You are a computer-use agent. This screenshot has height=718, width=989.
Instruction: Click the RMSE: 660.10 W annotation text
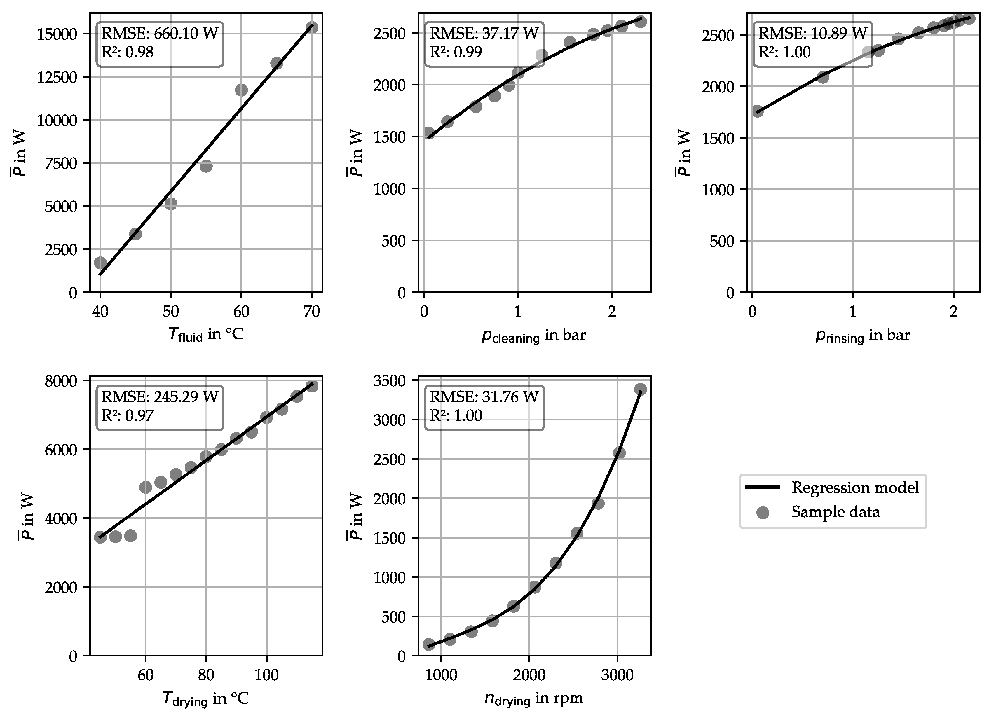pos(160,33)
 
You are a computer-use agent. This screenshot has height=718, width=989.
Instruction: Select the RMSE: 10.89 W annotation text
pos(813,33)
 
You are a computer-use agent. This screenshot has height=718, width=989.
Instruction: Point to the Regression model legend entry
pos(855,488)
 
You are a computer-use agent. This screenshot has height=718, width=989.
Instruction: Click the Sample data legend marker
pos(763,512)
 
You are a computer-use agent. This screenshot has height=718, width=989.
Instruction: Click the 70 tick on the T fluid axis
pos(311,311)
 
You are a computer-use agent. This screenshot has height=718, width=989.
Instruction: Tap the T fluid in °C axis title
pos(205,335)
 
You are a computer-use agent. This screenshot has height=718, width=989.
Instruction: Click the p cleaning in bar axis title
pos(533,336)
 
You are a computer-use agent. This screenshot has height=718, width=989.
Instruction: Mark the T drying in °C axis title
pos(205,698)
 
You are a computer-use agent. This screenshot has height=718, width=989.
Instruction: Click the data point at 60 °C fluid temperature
pos(241,90)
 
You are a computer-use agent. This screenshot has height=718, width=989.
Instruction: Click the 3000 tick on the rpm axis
pos(617,675)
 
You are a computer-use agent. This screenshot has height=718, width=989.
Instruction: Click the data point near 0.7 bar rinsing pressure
pos(822,77)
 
